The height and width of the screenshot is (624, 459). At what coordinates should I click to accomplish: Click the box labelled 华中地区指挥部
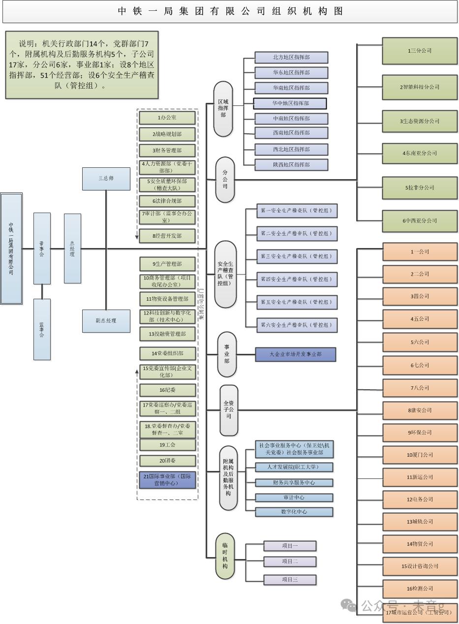click(x=290, y=103)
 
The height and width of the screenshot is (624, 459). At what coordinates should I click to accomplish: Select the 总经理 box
click(x=72, y=248)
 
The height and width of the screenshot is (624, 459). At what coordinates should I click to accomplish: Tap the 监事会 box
click(x=42, y=329)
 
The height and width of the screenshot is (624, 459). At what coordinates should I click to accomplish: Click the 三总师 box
click(x=106, y=179)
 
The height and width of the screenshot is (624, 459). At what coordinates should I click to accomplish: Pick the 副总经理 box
click(x=106, y=321)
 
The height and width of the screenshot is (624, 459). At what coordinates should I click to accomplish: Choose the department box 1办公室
click(x=167, y=118)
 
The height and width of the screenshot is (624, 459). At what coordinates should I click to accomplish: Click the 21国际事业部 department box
click(x=167, y=480)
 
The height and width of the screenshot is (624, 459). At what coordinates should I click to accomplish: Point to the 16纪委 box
click(x=167, y=390)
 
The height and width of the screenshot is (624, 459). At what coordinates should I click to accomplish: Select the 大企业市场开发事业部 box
click(x=295, y=354)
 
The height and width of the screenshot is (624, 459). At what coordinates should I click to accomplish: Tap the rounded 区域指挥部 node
click(x=223, y=109)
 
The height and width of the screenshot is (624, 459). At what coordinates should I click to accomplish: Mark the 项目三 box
click(x=290, y=580)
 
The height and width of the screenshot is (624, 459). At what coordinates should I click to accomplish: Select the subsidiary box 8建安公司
click(x=420, y=410)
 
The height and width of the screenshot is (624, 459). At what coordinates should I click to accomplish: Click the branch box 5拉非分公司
click(x=420, y=187)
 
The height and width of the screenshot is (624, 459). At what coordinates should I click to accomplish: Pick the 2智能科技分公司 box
click(x=420, y=87)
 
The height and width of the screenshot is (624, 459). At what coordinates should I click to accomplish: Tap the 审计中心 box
click(x=294, y=498)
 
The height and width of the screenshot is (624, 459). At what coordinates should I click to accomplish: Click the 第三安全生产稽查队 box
click(x=297, y=256)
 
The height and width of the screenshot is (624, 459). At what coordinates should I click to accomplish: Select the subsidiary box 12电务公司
click(x=420, y=499)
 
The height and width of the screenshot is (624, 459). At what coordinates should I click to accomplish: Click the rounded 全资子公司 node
click(x=229, y=410)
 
